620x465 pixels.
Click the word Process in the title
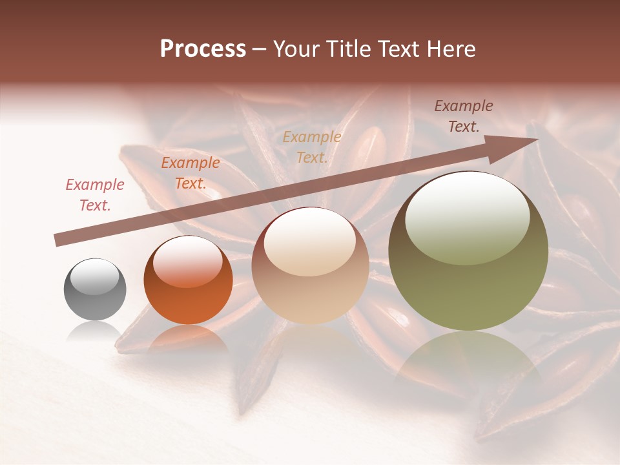pos(203,49)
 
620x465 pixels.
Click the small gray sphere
pos(95,289)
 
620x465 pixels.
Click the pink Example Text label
pos(95,195)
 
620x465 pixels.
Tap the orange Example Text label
pos(191,173)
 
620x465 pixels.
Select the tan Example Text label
pos(312,147)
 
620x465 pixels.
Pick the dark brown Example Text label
pos(463,116)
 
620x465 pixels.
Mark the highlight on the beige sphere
pos(309,242)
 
